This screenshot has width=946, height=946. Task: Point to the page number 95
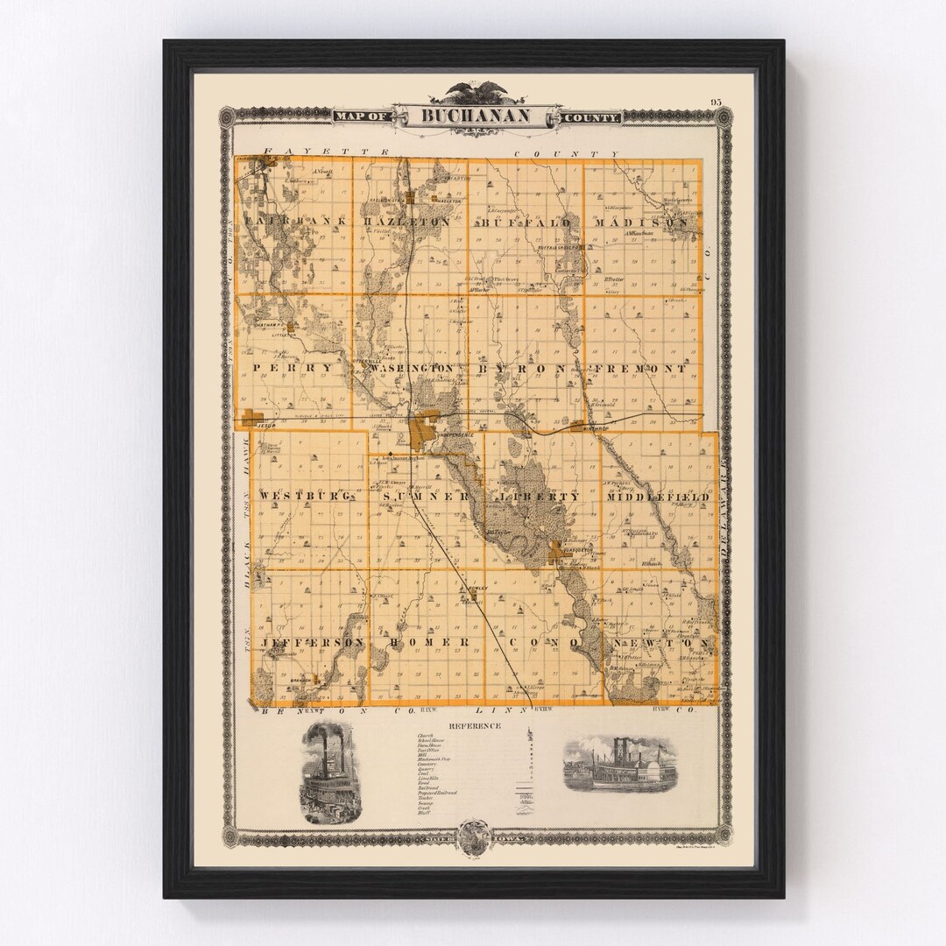[x=717, y=102]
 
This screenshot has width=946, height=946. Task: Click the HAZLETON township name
[x=406, y=222]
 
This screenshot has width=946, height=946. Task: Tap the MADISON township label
[x=641, y=222]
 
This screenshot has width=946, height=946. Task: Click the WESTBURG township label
[x=306, y=497]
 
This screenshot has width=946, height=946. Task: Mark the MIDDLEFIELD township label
[x=657, y=497]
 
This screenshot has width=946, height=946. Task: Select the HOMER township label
[x=424, y=642]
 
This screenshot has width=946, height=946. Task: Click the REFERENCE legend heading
[x=475, y=726]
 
